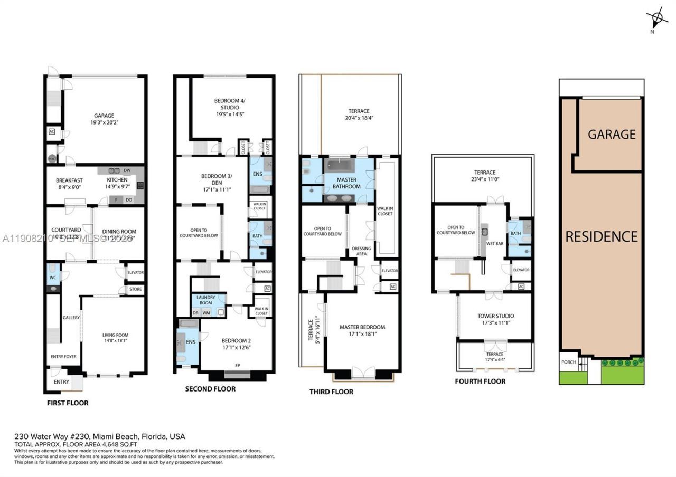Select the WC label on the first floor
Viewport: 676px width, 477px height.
[53, 278]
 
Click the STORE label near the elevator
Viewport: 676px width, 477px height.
[135, 290]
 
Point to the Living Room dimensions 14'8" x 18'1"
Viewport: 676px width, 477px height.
[115, 341]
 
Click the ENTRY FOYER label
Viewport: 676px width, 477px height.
[63, 357]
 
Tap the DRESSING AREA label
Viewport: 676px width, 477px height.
[361, 251]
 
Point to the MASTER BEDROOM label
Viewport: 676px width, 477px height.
[362, 327]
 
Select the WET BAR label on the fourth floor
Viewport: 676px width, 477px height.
[494, 244]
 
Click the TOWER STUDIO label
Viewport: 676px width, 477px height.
[495, 316]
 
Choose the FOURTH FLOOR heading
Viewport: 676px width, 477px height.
[480, 381]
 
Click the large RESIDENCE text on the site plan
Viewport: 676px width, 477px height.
[602, 236]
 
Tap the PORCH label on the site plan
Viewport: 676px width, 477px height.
[569, 362]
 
